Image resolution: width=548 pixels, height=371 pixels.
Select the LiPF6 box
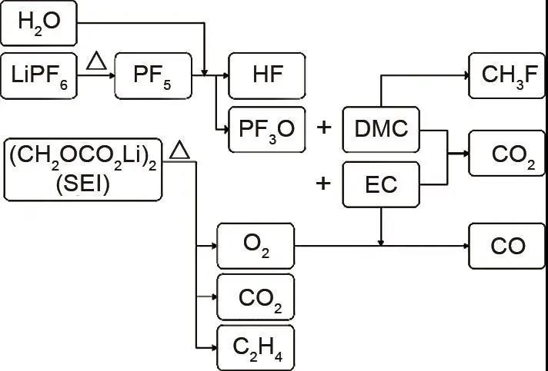(x=39, y=76)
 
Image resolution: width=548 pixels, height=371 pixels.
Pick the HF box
(x=267, y=75)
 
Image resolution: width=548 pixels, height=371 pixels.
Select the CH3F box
(x=507, y=75)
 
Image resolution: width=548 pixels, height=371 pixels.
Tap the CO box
(x=507, y=246)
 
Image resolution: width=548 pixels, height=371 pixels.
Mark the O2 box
(x=256, y=246)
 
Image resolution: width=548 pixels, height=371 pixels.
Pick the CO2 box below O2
(x=256, y=296)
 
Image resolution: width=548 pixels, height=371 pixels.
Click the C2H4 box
(x=256, y=347)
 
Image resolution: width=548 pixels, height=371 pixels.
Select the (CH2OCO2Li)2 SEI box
(x=84, y=167)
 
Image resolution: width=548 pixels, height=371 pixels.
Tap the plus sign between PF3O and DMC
(x=324, y=128)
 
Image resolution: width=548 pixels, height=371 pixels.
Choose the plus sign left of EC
(x=324, y=184)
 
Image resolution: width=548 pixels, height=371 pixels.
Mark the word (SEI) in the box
(x=84, y=184)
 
